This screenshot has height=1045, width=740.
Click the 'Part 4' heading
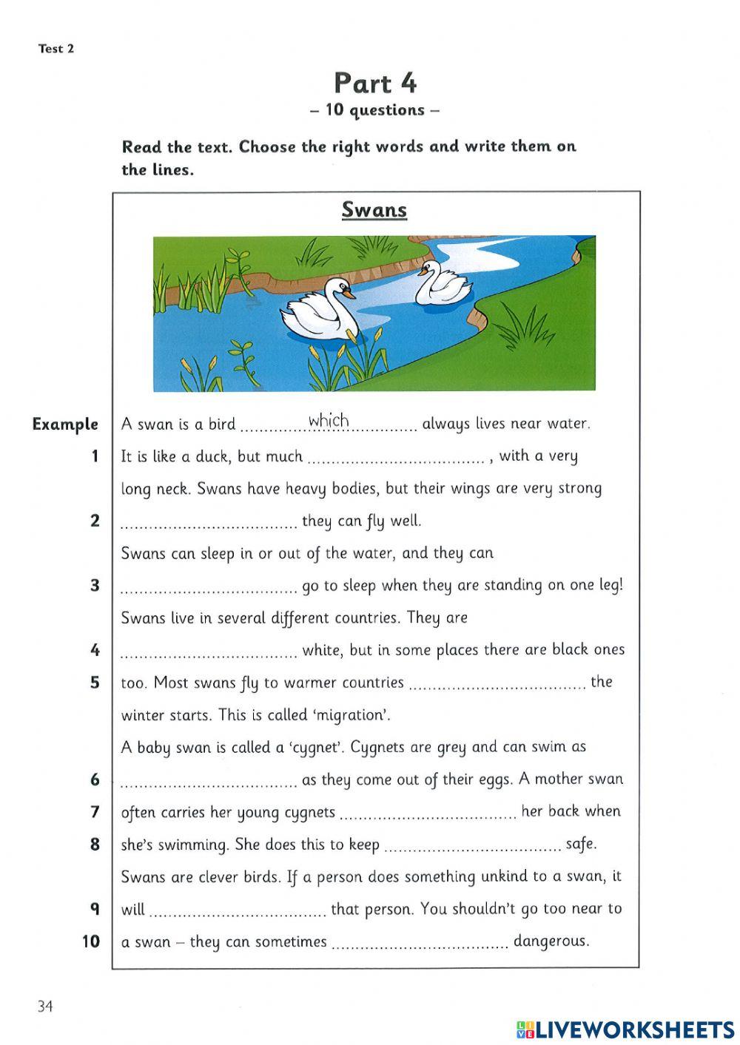coord(375,83)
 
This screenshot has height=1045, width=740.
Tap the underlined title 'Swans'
coord(374,210)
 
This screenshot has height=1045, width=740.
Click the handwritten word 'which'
coord(329,421)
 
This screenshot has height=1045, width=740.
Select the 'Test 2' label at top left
coord(56,49)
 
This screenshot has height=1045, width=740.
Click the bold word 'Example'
coord(65,425)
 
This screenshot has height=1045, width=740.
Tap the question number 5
coord(95,682)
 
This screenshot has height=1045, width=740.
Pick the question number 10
coord(90,941)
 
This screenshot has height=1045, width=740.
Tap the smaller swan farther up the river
coord(442,283)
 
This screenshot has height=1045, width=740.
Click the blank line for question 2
coord(208,527)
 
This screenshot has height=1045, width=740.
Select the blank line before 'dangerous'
coord(420,947)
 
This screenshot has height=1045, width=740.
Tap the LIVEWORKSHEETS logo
coord(625,1029)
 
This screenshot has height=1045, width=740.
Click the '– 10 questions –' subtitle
coord(375,110)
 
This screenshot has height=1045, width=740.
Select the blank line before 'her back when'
coord(428,817)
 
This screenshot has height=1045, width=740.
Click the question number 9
coord(95,909)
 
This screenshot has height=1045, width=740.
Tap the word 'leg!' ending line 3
coord(610,585)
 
